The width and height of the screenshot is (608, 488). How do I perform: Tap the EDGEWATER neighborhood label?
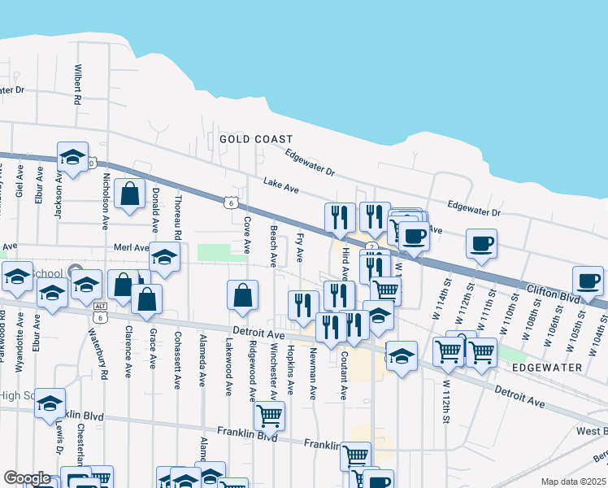click(548, 368)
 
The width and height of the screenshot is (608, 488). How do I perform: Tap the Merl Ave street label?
click(132, 247)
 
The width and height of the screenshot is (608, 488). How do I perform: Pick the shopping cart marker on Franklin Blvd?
click(269, 416)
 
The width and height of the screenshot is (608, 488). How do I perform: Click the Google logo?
click(27, 478)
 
